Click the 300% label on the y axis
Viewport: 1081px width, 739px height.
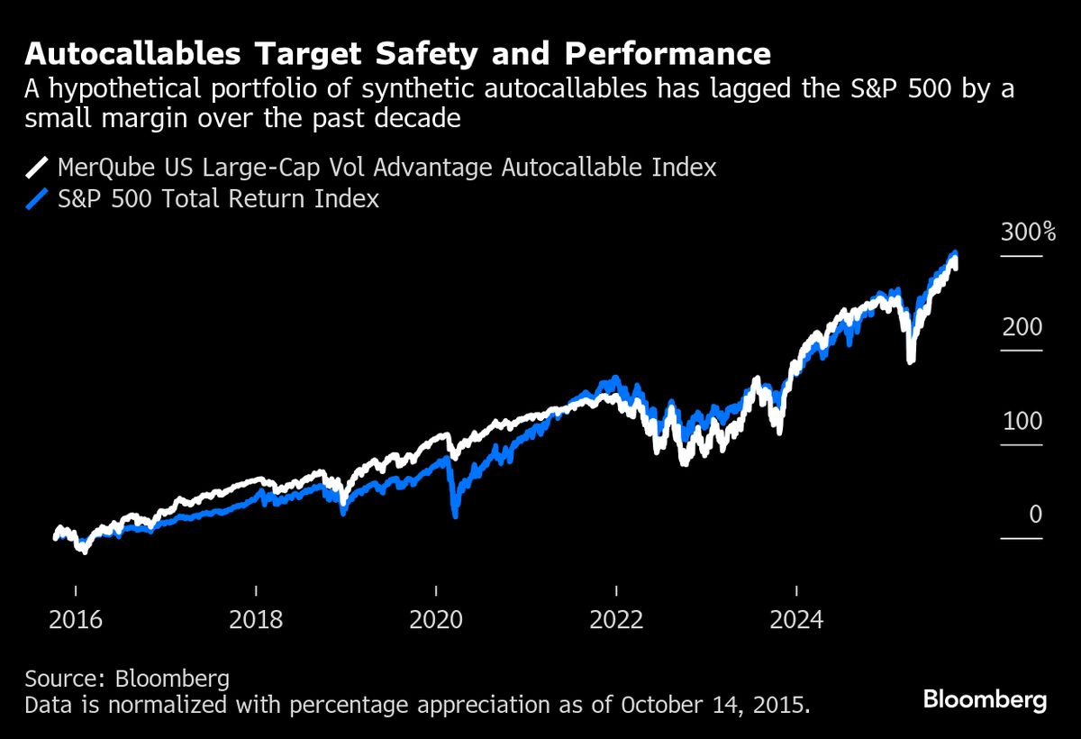[x=1027, y=233]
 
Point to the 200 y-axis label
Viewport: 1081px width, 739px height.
[x=1022, y=327]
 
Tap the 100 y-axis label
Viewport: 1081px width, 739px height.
[x=1022, y=422]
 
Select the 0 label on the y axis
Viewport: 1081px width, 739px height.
[x=1035, y=515]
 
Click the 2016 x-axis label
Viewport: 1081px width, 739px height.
[x=76, y=620]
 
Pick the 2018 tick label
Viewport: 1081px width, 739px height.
[x=256, y=620]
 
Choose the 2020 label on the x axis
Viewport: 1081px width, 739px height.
[x=436, y=620]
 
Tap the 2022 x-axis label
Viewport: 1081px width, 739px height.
[x=616, y=620]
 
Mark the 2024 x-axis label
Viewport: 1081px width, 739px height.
[x=796, y=620]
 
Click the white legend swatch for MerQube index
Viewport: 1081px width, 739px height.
[x=37, y=168]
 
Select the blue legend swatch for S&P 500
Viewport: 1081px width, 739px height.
[x=37, y=199]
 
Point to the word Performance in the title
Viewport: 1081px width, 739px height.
[x=668, y=55]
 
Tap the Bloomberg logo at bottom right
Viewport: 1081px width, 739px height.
[x=985, y=699]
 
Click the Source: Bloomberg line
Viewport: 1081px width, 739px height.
[x=127, y=678]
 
